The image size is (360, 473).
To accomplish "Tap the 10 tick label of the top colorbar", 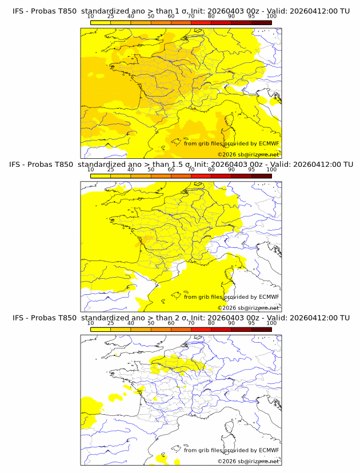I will pos(91,16).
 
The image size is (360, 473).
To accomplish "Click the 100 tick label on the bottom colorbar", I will pos(271,323).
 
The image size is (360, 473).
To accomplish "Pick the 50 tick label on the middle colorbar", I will pos(151,170).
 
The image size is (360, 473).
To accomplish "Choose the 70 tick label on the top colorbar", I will pos(191,16).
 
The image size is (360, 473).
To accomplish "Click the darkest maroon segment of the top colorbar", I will pos(261,22).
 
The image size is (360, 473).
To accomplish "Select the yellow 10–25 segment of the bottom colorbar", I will pos(101,329).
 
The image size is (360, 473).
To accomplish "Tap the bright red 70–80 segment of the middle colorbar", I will pos(201,176).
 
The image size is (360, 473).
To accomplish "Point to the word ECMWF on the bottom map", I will pos(269,450).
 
